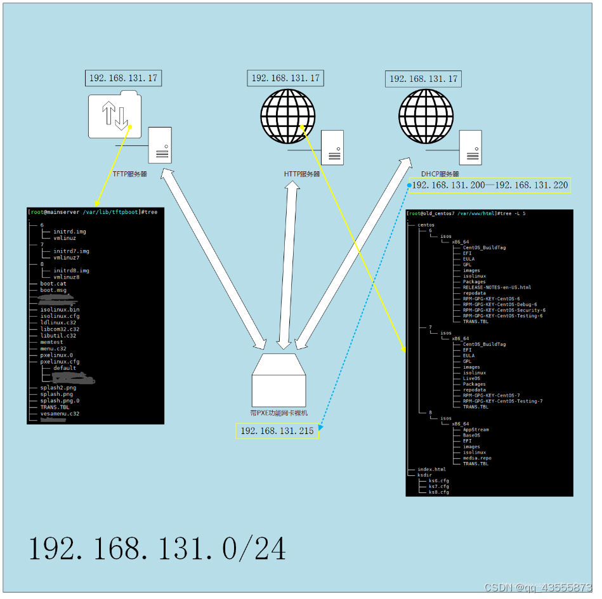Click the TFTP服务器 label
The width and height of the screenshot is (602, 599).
[129, 174]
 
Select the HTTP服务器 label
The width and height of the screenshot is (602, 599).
[302, 174]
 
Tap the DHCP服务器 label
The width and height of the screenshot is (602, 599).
[440, 174]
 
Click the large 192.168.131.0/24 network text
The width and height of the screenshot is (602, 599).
[157, 549]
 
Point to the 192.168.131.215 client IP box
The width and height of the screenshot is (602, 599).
[277, 431]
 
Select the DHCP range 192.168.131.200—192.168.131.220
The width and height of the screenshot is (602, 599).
[490, 185]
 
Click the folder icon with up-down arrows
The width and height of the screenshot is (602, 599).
[115, 115]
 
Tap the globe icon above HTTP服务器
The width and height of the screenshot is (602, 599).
[288, 115]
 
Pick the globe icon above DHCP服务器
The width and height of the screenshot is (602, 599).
[426, 115]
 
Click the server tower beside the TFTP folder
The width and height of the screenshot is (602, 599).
[160, 145]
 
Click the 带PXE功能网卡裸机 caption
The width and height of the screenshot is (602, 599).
[279, 412]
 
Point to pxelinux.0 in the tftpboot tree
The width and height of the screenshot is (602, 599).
[56, 355]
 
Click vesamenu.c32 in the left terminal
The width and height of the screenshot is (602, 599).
[60, 414]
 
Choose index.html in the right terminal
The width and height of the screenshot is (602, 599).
[431, 470]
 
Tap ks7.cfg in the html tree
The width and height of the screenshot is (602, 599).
[438, 487]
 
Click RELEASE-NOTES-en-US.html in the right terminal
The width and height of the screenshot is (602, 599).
[497, 287]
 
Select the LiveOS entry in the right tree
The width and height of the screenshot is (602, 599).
[471, 378]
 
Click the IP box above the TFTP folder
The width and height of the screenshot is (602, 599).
[124, 79]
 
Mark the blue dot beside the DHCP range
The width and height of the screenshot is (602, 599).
[410, 186]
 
